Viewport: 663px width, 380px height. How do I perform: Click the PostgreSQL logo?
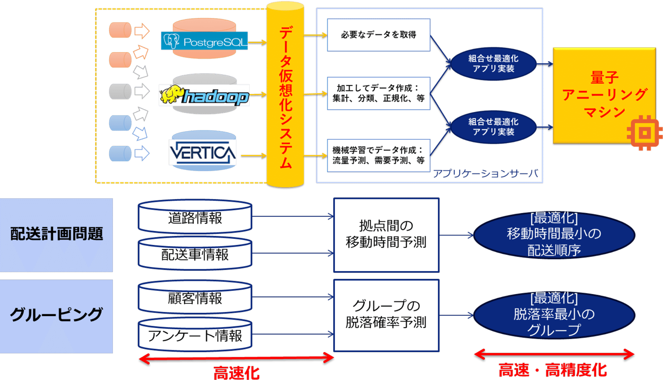tap(204, 41)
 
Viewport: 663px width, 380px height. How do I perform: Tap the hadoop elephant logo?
tap(204, 95)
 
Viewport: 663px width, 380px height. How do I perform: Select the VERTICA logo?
tap(203, 152)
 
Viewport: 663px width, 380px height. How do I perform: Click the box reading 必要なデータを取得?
tap(378, 35)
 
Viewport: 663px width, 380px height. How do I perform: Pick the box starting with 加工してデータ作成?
tap(378, 93)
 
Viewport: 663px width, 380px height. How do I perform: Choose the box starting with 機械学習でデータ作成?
tap(378, 155)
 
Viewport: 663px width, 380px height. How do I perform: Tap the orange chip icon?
tap(644, 133)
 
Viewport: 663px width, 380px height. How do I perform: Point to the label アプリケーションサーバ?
tap(485, 174)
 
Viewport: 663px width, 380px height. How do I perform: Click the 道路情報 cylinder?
tap(195, 218)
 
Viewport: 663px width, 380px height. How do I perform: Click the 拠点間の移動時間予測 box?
tap(386, 235)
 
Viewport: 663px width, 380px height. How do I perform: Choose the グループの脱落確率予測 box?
tap(386, 315)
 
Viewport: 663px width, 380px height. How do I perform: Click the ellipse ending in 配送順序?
tap(554, 235)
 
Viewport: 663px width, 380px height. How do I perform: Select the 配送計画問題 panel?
tap(56, 235)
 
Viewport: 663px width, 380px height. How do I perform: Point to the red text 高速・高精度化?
tap(552, 370)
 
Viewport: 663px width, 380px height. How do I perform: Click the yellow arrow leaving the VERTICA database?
tap(253, 156)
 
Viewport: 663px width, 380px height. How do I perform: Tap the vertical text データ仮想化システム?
tap(286, 97)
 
